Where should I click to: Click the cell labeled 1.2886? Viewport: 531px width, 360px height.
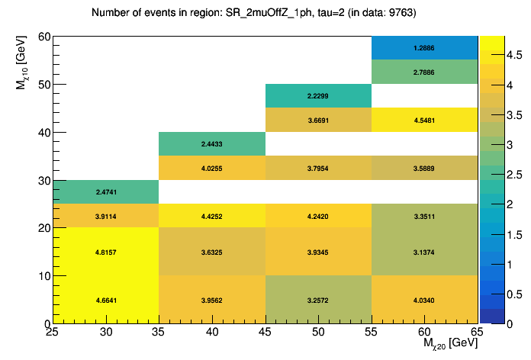coord(424,48)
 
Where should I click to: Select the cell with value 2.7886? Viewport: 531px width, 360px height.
coord(424,72)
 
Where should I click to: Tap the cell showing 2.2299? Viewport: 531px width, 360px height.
coord(318,96)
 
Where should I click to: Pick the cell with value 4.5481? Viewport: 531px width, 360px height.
coord(424,120)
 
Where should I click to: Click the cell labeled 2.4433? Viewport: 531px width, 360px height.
coord(212,143)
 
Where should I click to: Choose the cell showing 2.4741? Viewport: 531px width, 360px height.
coord(106,191)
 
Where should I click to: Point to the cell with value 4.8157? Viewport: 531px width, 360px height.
coord(106,252)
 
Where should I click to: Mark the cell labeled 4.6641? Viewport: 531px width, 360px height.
coord(106,300)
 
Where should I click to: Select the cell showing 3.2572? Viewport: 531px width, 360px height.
coord(318,300)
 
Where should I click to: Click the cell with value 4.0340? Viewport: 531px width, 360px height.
coord(424,300)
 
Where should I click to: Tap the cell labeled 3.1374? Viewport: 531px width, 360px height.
coord(424,252)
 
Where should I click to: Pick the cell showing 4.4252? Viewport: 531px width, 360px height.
coord(212,215)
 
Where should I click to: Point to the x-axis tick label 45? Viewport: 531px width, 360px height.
coord(265,333)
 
